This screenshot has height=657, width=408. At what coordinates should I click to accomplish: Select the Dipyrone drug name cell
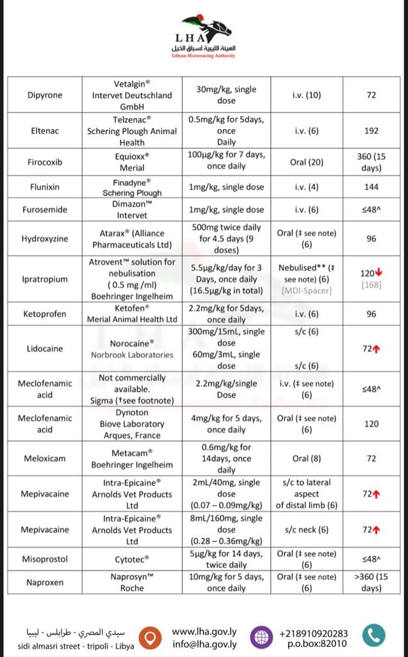[45, 95]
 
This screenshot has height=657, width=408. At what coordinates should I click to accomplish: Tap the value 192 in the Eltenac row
[371, 131]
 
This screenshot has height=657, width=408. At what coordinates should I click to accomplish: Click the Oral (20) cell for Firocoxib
[306, 162]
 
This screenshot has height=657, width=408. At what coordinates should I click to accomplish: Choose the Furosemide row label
[45, 210]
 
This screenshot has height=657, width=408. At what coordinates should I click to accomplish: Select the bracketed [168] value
[371, 284]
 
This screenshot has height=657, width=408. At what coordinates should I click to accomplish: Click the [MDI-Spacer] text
[306, 291]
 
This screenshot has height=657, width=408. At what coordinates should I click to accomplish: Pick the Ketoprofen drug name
[45, 314]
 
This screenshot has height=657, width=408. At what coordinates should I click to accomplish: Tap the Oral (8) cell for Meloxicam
[306, 458]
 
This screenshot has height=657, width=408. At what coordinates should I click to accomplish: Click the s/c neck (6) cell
[306, 530]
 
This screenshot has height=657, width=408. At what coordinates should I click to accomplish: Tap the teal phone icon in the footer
[373, 635]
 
